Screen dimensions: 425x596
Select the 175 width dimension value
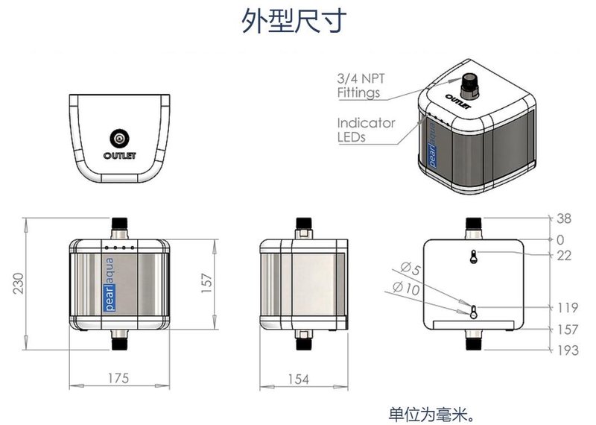point(118,379)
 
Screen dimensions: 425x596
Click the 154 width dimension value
point(298,379)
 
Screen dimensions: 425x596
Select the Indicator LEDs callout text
point(365,130)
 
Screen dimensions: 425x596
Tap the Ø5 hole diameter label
point(410,269)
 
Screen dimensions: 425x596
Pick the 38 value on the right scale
point(564,218)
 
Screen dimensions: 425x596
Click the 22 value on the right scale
point(564,255)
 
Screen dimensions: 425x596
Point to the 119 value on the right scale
point(568,307)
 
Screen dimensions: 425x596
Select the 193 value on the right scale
point(568,350)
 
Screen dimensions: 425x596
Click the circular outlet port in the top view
point(119,138)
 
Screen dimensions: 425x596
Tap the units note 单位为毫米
point(431,413)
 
